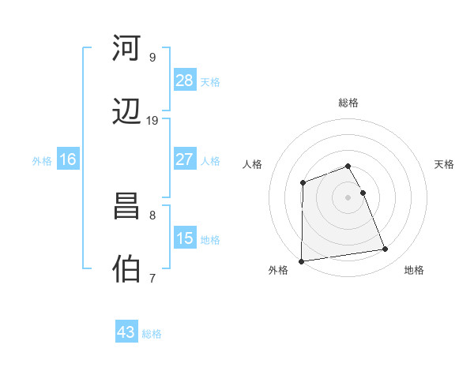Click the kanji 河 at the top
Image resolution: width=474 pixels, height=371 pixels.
coord(128,50)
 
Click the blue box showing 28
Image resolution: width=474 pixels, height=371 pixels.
coord(184,81)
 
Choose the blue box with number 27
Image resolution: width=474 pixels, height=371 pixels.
coord(184,159)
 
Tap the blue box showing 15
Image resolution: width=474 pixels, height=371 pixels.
coord(184,238)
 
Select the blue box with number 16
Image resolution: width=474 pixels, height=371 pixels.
coord(68,159)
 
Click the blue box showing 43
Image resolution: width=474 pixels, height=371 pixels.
coord(126,332)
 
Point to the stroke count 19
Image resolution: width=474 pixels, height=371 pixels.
coord(152,121)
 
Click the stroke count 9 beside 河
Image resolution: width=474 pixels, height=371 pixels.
coord(152,58)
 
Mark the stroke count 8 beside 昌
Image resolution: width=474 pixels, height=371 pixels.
coord(152,215)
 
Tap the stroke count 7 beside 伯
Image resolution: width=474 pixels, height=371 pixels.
coord(152,278)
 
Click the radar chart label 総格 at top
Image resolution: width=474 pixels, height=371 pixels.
coord(348,103)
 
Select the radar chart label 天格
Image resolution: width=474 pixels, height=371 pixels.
coord(444,164)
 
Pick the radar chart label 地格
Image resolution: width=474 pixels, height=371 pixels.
coord(414,271)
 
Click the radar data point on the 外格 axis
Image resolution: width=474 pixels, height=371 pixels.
coord(301,261)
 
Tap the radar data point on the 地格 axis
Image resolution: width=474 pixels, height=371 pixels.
coord(386,249)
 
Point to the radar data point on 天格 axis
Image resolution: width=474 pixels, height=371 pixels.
coord(363,193)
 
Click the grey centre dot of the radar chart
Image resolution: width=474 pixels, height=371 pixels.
coord(348,197)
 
